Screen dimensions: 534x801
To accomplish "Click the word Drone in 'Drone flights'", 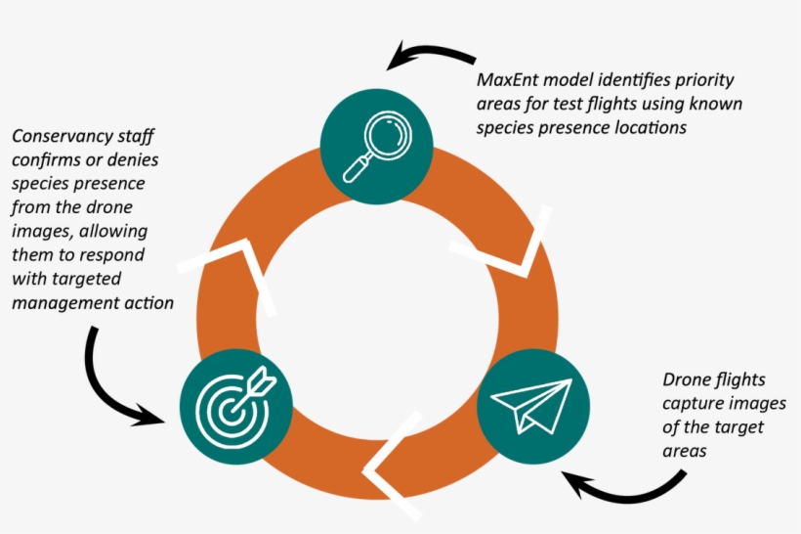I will pos(688,379).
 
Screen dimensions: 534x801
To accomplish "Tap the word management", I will pos(61,303).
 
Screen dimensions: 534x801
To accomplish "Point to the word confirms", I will pos(45,159).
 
